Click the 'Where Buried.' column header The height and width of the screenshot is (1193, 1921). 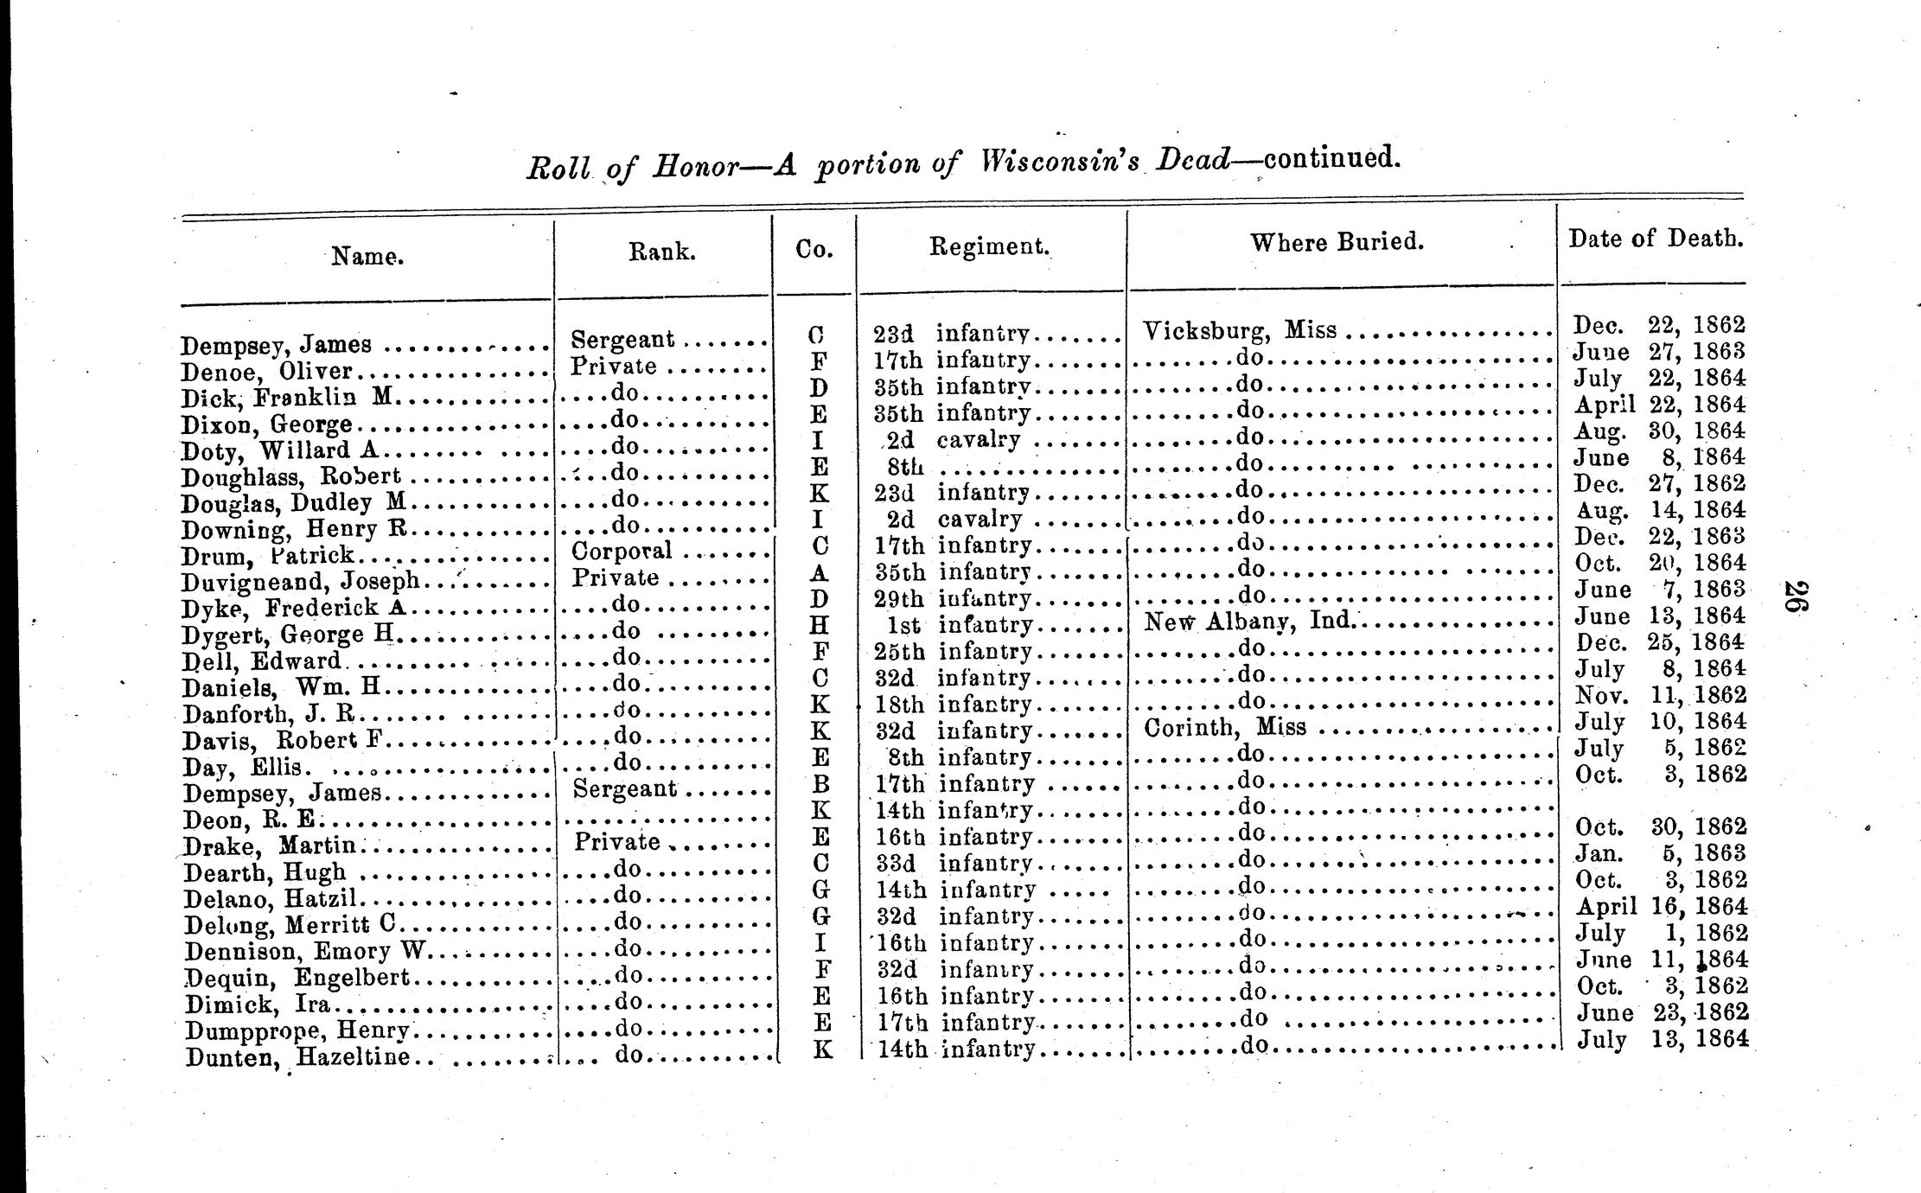(1336, 242)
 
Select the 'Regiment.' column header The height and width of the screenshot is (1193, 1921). (989, 246)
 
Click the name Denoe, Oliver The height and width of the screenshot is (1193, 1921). (266, 372)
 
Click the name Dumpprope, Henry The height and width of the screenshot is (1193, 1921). (297, 1030)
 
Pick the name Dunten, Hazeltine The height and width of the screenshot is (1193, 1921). (297, 1056)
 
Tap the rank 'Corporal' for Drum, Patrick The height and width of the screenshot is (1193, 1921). (622, 551)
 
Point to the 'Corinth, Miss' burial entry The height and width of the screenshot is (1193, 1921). (1224, 727)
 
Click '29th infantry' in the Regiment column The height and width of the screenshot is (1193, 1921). (954, 598)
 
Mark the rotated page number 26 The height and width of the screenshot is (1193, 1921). (1792, 597)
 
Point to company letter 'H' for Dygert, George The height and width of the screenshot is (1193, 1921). (820, 624)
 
